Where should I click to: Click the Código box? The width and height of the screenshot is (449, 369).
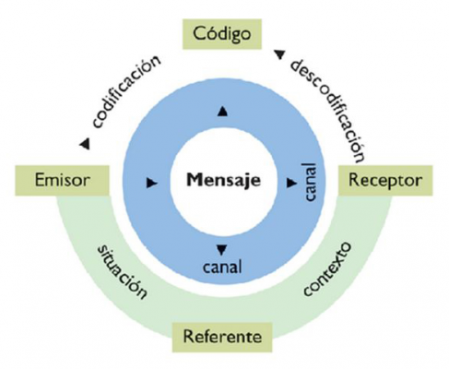[222, 34]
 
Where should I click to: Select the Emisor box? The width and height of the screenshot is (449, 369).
[62, 180]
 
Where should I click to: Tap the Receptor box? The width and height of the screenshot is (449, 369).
[385, 180]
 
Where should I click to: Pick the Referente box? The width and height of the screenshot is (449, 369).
[222, 337]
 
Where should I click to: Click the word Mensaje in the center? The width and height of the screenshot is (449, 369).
[223, 180]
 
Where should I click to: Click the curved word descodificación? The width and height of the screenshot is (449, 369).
[329, 110]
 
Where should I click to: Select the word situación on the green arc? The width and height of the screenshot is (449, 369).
[122, 272]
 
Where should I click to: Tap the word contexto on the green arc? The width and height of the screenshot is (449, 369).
[327, 268]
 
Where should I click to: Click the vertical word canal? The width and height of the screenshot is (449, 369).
[310, 182]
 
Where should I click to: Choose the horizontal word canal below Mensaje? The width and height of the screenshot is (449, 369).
[222, 267]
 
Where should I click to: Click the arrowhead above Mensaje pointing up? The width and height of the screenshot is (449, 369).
[222, 111]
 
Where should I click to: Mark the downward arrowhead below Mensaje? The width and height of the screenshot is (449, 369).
[221, 250]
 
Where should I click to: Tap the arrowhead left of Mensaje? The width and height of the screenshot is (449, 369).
[152, 183]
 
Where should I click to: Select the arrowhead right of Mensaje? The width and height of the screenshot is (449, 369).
[291, 183]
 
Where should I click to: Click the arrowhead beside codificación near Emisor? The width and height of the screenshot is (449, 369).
[85, 144]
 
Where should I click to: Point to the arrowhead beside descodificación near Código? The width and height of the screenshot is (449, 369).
[279, 54]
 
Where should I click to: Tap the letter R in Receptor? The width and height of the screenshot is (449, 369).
[354, 180]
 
